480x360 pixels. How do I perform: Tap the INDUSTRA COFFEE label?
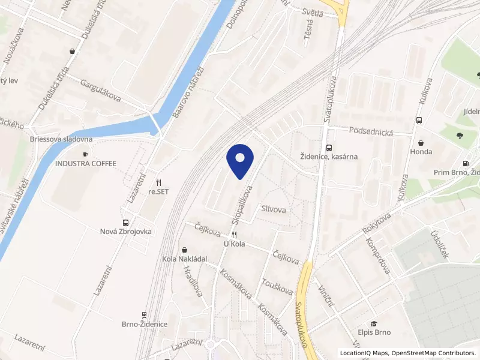click(86, 163)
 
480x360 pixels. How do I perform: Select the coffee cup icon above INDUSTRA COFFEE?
click(86, 154)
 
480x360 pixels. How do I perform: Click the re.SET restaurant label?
click(159, 192)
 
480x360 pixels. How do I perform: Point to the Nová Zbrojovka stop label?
click(126, 231)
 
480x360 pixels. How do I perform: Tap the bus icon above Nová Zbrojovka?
click(125, 221)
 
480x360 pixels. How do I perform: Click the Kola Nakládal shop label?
click(185, 259)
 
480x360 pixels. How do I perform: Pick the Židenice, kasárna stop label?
click(329, 157)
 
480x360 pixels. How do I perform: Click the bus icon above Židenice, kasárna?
click(328, 148)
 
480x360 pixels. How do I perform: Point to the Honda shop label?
click(421, 152)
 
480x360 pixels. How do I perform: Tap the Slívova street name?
click(273, 209)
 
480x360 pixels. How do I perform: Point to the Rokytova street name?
click(377, 223)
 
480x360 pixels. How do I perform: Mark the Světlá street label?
click(311, 13)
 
